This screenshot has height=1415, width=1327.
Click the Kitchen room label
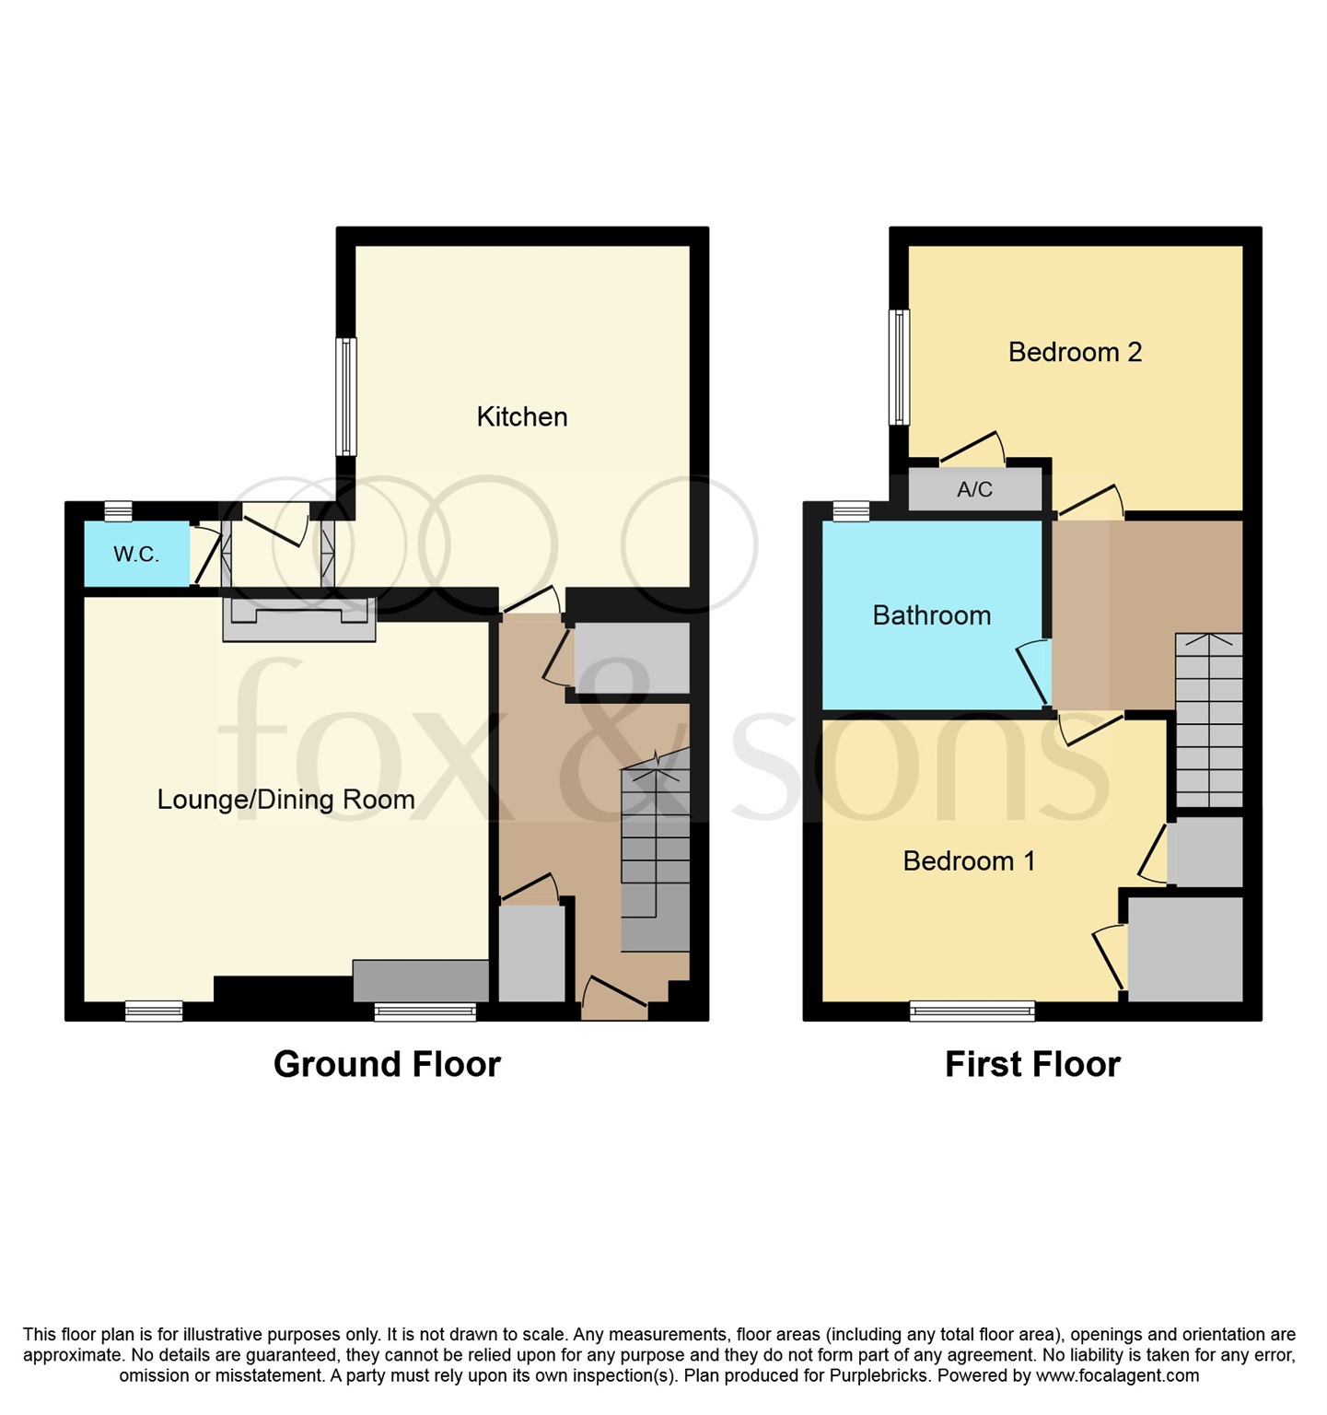[521, 416]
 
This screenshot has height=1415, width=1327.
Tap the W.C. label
[136, 554]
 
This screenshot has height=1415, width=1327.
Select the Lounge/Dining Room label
[285, 799]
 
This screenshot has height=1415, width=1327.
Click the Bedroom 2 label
[1075, 352]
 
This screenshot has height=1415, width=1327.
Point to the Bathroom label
[931, 615]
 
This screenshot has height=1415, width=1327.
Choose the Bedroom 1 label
[969, 860]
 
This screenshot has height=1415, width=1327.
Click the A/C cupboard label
[974, 489]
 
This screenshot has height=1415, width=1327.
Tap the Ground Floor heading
[387, 1064]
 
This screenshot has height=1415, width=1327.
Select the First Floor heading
[1032, 1064]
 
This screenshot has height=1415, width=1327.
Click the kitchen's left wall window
[346, 396]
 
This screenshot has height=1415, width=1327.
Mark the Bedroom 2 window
[899, 367]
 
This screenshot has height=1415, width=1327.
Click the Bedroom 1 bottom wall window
[972, 1012]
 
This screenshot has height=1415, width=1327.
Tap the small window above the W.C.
[118, 509]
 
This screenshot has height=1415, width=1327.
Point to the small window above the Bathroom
[851, 509]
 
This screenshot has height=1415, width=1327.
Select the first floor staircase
[1208, 719]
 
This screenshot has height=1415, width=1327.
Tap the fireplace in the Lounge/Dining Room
[298, 619]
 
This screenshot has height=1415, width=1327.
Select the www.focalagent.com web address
[1117, 1375]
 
